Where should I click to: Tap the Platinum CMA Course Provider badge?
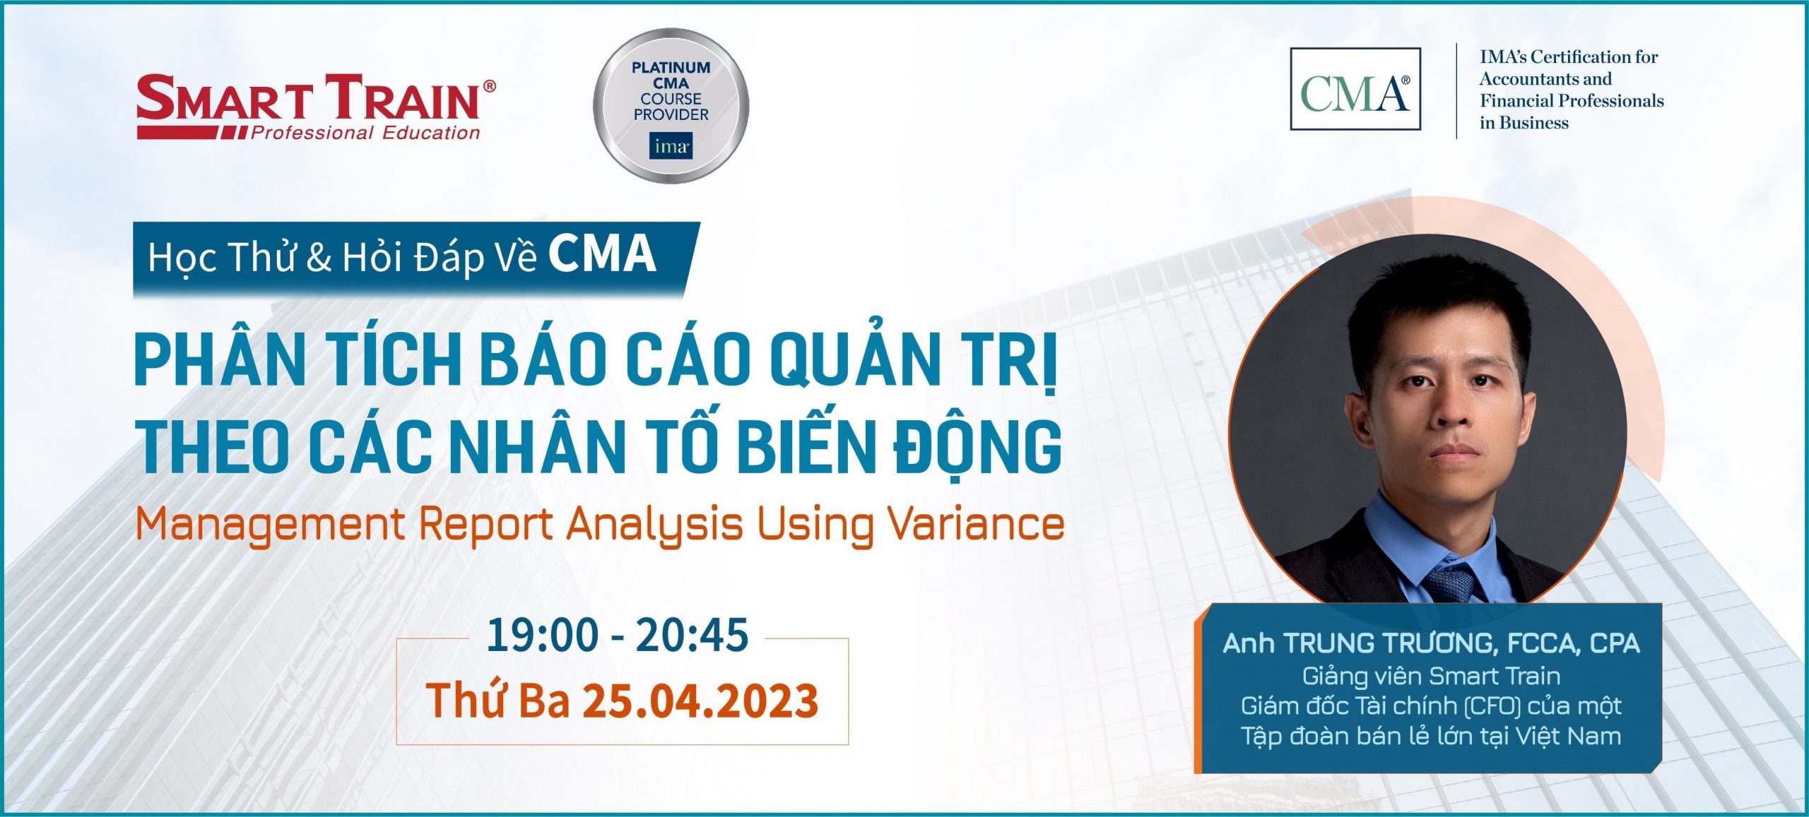pyautogui.click(x=671, y=106)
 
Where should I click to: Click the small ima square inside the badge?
pyautogui.click(x=671, y=146)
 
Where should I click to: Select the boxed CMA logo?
pyautogui.click(x=1355, y=89)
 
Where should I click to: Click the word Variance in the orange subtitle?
pyautogui.click(x=976, y=524)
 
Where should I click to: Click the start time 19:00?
pyautogui.click(x=543, y=636)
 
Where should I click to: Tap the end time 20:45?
pyautogui.click(x=692, y=636)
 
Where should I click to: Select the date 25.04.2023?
pyautogui.click(x=700, y=700)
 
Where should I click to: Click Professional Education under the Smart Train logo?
pyautogui.click(x=365, y=133)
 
